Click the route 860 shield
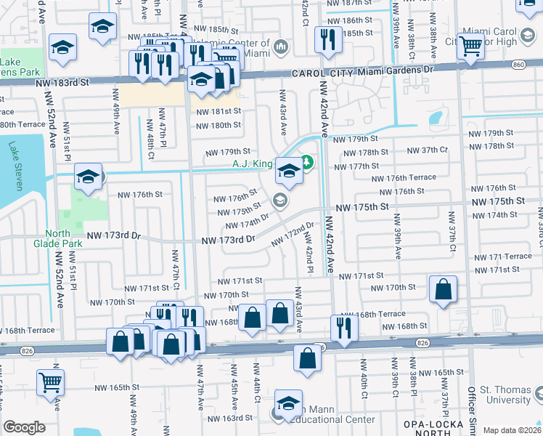[x=518, y=65]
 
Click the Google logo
[x=24, y=427]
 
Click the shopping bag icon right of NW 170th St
[x=443, y=288]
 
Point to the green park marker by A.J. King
[x=306, y=162]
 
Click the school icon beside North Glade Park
[x=88, y=177]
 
